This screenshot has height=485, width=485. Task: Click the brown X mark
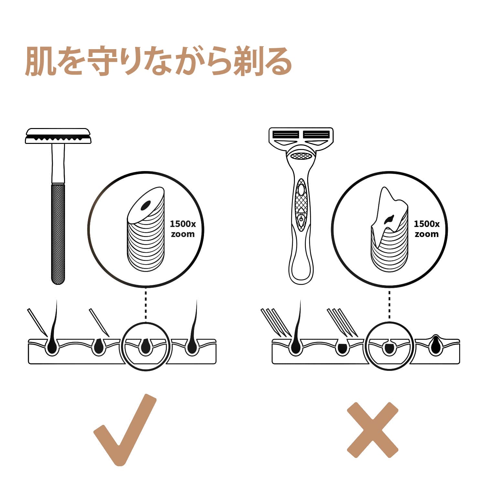(x=372, y=430)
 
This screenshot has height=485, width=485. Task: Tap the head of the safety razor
(x=58, y=136)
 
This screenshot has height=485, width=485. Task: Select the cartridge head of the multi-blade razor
(x=301, y=139)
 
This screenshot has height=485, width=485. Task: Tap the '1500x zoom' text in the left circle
(x=183, y=229)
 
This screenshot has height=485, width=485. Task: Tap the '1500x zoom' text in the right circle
(x=426, y=229)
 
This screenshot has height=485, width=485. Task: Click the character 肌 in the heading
(x=39, y=61)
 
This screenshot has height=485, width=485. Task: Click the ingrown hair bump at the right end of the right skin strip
(x=436, y=345)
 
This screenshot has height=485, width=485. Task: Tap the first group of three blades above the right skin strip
(x=276, y=322)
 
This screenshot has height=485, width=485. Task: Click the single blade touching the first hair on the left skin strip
(x=38, y=322)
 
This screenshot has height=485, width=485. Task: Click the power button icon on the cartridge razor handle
(x=301, y=219)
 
